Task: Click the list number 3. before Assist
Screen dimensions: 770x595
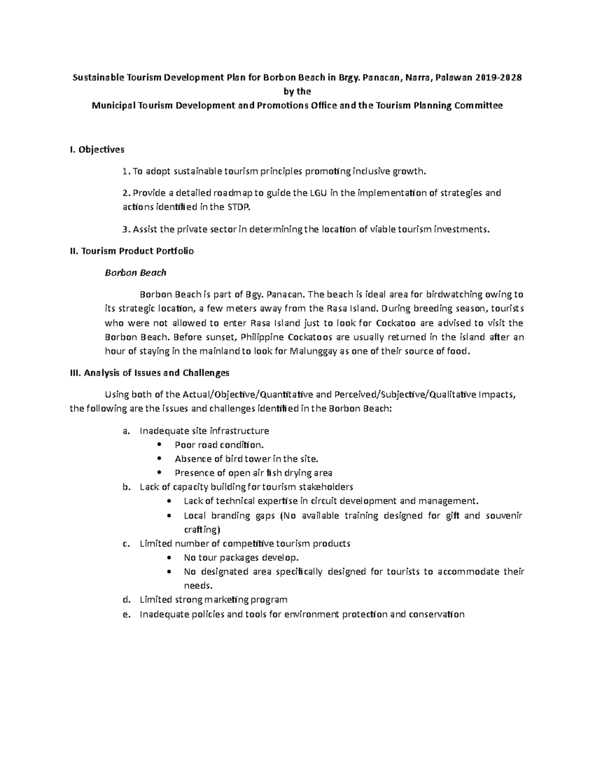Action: point(126,229)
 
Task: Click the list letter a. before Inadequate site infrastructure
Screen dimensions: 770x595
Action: point(126,431)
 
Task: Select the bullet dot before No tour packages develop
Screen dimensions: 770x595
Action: point(171,557)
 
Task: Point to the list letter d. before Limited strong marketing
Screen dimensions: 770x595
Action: point(126,600)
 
